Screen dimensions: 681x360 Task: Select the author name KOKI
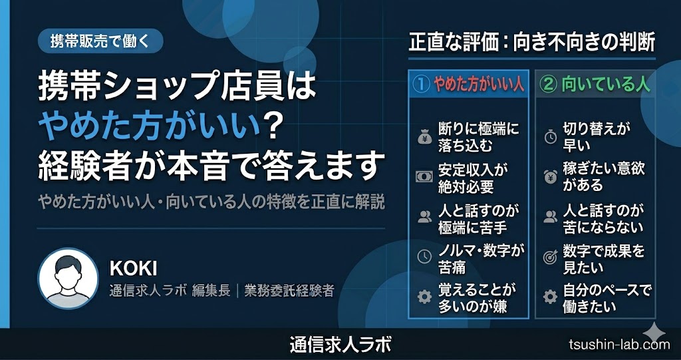(x=133, y=269)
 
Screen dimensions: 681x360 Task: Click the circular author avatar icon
(x=68, y=279)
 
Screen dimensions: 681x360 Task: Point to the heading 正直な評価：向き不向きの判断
(x=532, y=45)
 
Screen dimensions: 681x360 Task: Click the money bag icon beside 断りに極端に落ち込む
(x=424, y=137)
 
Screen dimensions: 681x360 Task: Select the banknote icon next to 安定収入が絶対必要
(x=424, y=176)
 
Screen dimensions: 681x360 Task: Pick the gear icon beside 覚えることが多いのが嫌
(x=424, y=297)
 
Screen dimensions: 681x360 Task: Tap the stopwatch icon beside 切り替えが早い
(x=551, y=137)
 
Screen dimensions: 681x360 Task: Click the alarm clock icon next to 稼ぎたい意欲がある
(x=551, y=176)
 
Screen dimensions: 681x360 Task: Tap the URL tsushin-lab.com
(x=619, y=345)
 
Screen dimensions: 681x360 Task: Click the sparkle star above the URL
(x=653, y=333)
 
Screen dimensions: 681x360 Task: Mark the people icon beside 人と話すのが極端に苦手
(x=424, y=216)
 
